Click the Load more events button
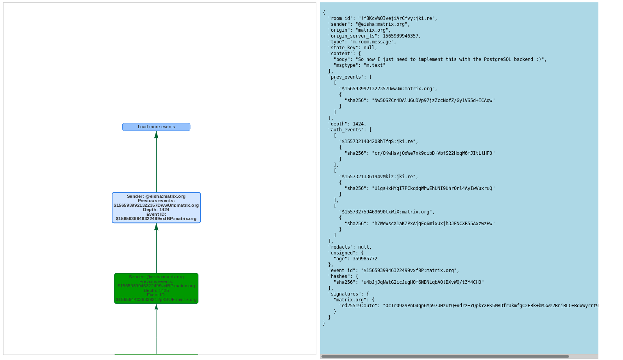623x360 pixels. tap(156, 127)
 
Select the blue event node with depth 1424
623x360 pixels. tap(156, 208)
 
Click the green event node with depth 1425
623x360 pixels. tap(156, 288)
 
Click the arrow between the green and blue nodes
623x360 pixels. tap(156, 248)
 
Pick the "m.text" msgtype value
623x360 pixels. tap(374, 65)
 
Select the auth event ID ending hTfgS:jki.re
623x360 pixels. tap(378, 141)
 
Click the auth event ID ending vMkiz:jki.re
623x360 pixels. tap(378, 177)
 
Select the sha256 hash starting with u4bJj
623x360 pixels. tap(422, 282)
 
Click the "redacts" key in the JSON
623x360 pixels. tap(341, 247)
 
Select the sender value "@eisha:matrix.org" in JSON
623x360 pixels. tap(382, 24)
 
